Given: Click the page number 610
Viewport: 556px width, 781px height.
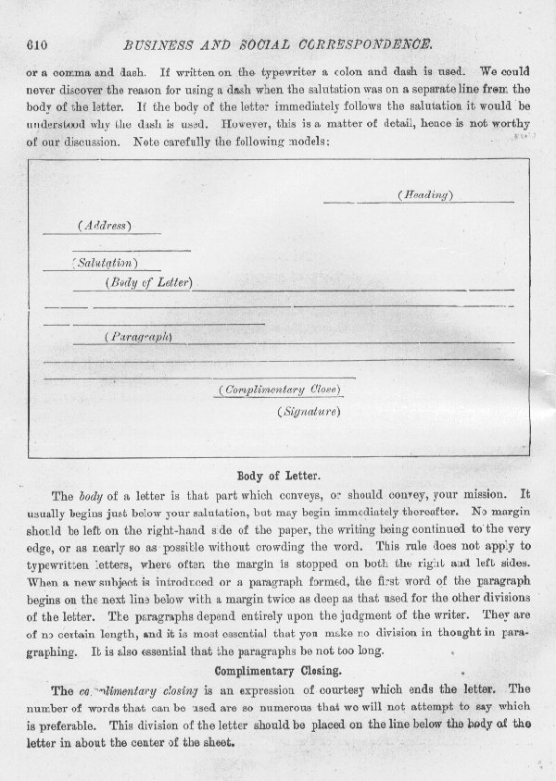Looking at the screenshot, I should point(38,43).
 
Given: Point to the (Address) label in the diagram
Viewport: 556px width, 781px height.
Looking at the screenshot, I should point(104,226).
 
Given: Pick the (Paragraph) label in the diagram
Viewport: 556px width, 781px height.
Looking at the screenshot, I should point(139,337).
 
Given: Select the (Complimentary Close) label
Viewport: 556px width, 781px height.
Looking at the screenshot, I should point(280,390).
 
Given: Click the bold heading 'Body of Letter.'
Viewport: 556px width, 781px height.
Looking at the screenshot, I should point(279,475).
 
